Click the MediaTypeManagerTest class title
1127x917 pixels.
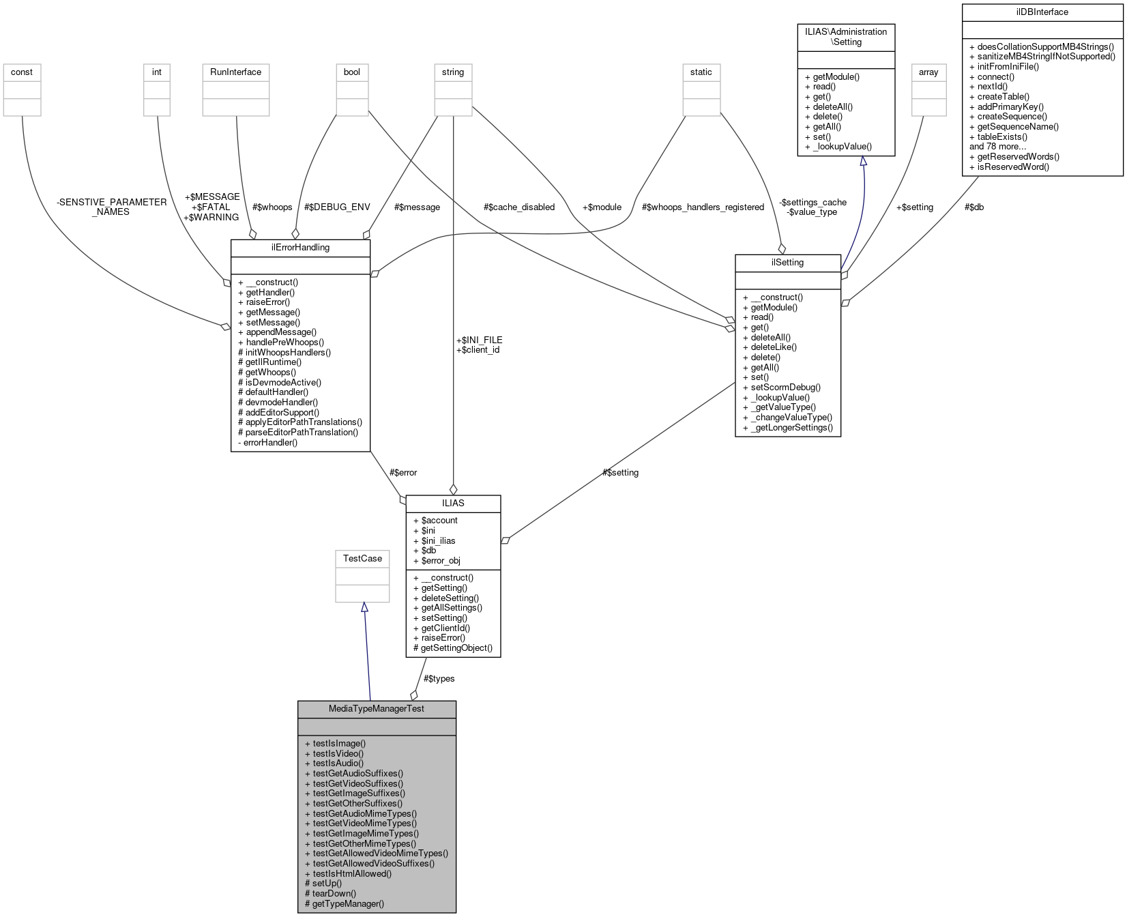[377, 709]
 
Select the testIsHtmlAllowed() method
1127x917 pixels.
[351, 873]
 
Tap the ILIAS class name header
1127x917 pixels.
[453, 503]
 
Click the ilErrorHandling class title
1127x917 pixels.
[300, 247]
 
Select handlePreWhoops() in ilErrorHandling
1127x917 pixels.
[284, 342]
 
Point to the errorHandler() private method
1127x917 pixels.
[270, 442]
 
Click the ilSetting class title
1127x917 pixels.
[787, 262]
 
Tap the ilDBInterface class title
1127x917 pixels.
[1042, 12]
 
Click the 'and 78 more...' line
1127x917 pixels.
[997, 146]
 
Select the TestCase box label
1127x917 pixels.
[362, 558]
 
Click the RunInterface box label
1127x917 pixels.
[235, 72]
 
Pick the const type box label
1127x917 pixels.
[22, 72]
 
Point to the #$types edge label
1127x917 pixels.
[439, 678]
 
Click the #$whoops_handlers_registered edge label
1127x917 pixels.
[703, 207]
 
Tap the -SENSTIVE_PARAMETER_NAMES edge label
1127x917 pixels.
[112, 207]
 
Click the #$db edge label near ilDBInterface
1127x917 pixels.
[974, 207]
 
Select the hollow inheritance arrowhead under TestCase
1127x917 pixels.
[364, 607]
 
